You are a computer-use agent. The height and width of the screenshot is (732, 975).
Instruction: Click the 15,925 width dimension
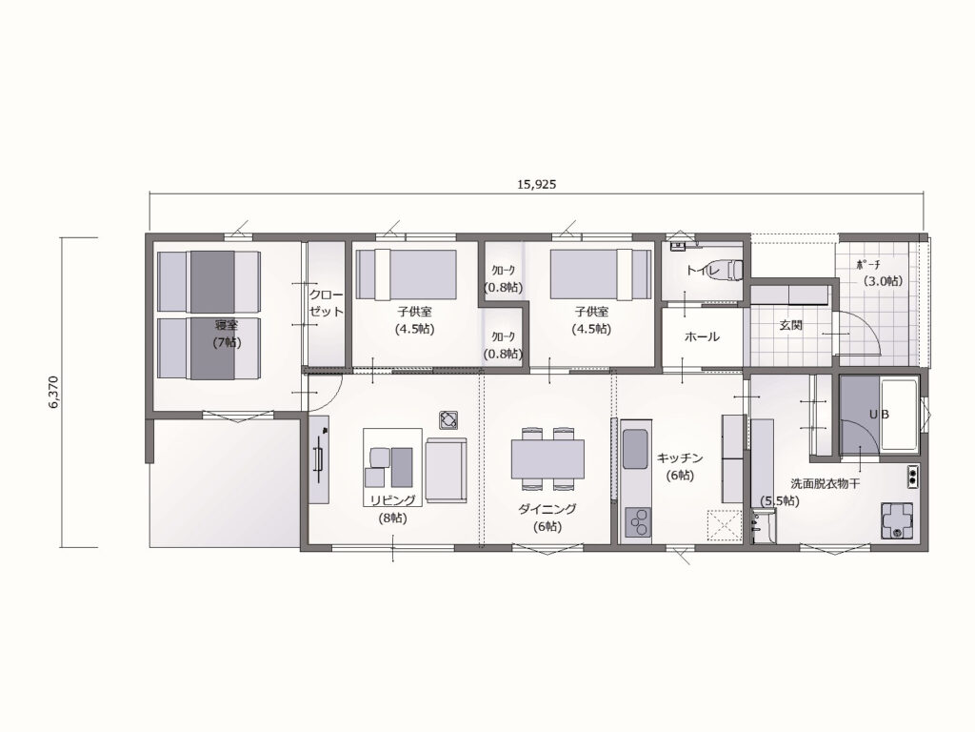536,184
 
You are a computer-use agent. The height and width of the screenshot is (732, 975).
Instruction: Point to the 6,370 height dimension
53,392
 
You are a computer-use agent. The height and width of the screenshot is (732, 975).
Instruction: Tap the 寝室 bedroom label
227,325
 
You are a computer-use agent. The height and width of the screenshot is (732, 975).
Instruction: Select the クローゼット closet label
327,303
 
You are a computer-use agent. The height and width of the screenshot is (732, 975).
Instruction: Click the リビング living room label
392,499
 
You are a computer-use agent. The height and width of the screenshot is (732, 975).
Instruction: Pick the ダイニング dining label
547,509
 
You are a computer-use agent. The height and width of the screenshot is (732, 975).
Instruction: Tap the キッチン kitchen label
680,458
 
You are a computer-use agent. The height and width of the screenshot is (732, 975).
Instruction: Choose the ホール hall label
702,336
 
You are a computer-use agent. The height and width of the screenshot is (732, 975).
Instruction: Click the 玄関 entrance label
790,325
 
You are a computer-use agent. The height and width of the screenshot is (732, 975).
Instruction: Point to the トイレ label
703,271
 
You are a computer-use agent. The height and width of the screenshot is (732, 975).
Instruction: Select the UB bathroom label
879,414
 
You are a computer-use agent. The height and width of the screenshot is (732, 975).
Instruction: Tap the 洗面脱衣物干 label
826,483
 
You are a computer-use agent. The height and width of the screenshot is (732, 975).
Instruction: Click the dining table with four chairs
547,458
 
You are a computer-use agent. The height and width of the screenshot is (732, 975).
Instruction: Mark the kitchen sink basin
635,449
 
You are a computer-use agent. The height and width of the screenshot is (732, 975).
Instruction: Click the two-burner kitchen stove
637,522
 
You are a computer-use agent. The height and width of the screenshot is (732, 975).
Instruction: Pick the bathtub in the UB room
899,416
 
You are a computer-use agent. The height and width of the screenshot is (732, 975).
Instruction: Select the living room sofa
446,469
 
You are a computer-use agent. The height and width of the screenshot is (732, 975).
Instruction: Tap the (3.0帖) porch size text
882,281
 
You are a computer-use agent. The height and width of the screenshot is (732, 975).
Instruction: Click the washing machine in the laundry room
896,520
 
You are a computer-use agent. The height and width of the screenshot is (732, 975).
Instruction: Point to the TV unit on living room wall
319,459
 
